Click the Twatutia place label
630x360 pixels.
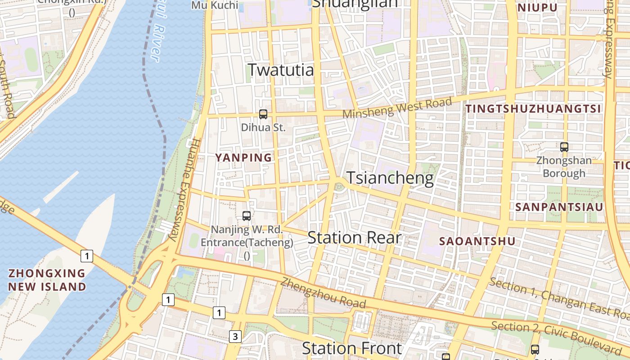(281, 70)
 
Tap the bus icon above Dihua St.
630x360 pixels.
(263, 114)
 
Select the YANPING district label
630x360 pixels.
(243, 157)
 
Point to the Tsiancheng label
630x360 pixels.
(390, 178)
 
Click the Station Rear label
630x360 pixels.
(354, 238)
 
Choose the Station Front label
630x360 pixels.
(351, 348)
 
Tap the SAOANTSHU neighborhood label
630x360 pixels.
(477, 241)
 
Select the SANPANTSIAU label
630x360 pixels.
(559, 207)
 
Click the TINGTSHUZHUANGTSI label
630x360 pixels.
(533, 108)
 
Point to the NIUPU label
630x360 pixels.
(538, 8)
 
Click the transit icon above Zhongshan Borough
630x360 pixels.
(564, 147)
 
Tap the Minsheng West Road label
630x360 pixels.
(397, 109)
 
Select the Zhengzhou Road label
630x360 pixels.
(323, 293)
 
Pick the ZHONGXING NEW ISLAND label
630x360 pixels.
(47, 279)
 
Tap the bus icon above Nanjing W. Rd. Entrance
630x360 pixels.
(247, 216)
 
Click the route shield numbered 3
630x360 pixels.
(235, 336)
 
